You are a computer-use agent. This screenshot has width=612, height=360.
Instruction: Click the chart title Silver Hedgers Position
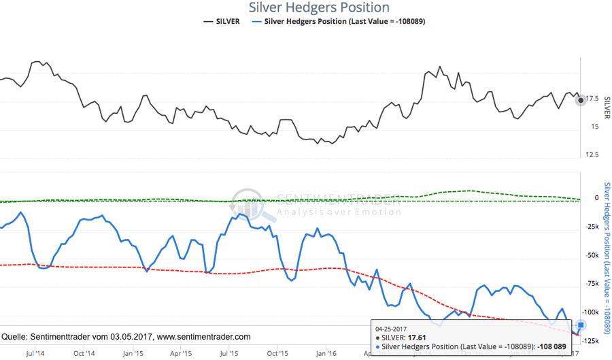(x=319, y=7)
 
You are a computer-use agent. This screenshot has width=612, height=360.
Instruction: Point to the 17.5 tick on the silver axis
(x=592, y=99)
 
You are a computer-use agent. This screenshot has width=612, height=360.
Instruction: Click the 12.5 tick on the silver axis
(x=592, y=154)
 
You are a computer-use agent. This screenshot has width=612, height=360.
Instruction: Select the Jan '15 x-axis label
(x=133, y=353)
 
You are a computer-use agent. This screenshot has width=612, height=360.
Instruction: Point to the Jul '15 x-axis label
(x=229, y=353)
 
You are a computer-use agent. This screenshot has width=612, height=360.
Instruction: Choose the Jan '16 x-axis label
(x=326, y=353)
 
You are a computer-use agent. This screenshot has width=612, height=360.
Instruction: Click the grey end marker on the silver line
(x=580, y=100)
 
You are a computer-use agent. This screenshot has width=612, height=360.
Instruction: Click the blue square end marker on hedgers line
(x=581, y=325)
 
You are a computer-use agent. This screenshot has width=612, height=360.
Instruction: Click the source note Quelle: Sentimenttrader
(x=126, y=337)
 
